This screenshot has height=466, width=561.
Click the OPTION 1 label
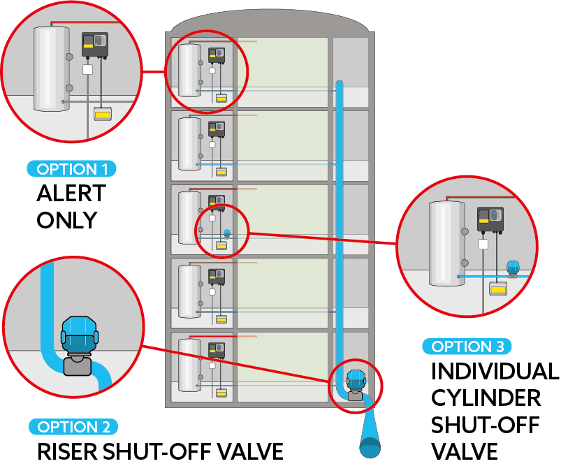click(71, 169)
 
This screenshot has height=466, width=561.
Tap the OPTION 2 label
click(73, 427)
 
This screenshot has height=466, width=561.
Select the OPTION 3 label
click(467, 347)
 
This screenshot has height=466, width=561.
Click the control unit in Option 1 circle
click(95, 44)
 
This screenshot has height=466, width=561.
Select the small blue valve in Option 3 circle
click(513, 267)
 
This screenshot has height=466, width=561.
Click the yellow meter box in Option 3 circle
click(497, 288)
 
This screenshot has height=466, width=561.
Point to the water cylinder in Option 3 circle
click(446, 243)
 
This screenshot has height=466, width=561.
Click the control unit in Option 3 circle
click(490, 219)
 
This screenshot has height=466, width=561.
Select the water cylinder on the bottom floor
click(189, 365)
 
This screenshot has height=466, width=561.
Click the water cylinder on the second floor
click(189, 144)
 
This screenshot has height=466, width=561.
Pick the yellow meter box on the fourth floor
click(221, 319)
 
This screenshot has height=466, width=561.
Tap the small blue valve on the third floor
click(226, 233)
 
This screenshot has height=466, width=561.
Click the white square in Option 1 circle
click(87, 69)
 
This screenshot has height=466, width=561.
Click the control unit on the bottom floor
click(217, 349)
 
